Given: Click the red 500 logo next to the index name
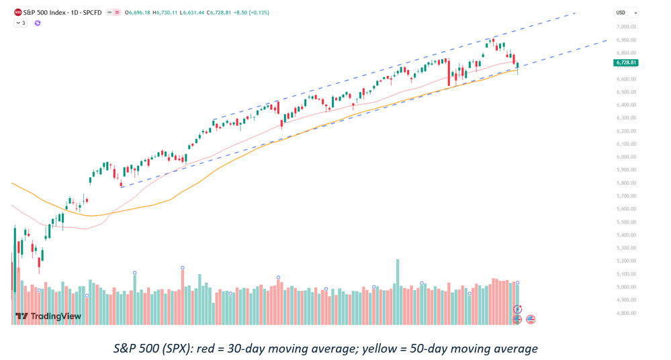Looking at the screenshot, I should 18,13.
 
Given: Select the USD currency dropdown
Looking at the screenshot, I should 626,13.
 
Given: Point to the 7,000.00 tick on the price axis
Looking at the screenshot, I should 626,27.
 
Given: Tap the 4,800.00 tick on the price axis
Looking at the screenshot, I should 626,313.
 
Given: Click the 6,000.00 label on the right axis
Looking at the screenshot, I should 626,156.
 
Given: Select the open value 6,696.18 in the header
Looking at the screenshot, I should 128,13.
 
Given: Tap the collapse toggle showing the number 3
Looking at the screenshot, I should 21,23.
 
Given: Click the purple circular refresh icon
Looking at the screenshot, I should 38,23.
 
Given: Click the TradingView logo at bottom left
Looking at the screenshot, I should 48,316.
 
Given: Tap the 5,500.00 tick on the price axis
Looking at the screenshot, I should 626,222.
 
